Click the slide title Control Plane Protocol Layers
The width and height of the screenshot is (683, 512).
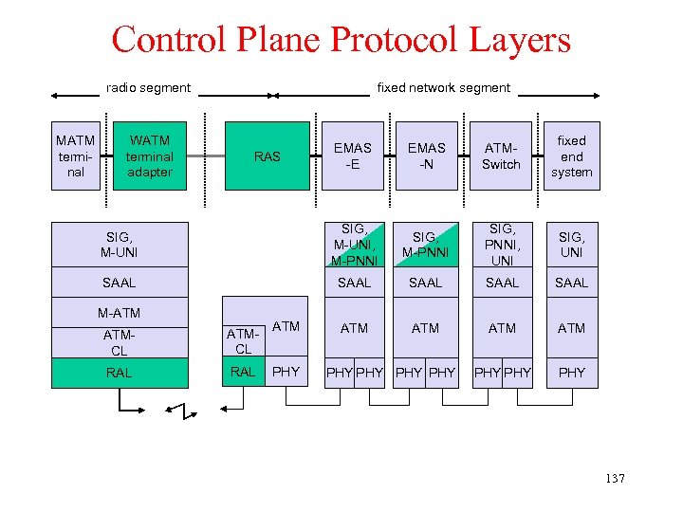(341, 40)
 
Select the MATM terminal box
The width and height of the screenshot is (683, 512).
(76, 156)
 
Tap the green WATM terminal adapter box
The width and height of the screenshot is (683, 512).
(150, 156)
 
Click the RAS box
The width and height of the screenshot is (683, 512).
(268, 156)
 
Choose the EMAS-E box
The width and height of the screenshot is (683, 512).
(353, 156)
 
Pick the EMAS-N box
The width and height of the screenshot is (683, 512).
(426, 156)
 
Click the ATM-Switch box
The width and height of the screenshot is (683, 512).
(501, 156)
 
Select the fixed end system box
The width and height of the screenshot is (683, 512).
(571, 156)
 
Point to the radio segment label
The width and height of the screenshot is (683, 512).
(148, 88)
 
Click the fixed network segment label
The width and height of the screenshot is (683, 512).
(443, 88)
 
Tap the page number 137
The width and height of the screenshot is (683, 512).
(615, 479)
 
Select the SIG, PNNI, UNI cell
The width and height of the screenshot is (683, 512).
(501, 245)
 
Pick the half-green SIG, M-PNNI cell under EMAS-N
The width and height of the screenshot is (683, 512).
(426, 245)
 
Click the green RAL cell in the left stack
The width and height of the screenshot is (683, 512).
(120, 373)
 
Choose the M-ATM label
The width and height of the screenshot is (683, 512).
(120, 313)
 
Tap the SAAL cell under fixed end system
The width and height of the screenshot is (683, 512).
(571, 283)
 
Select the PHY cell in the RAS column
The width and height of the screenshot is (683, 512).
(285, 373)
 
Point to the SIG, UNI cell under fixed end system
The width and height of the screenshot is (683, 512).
(571, 245)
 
